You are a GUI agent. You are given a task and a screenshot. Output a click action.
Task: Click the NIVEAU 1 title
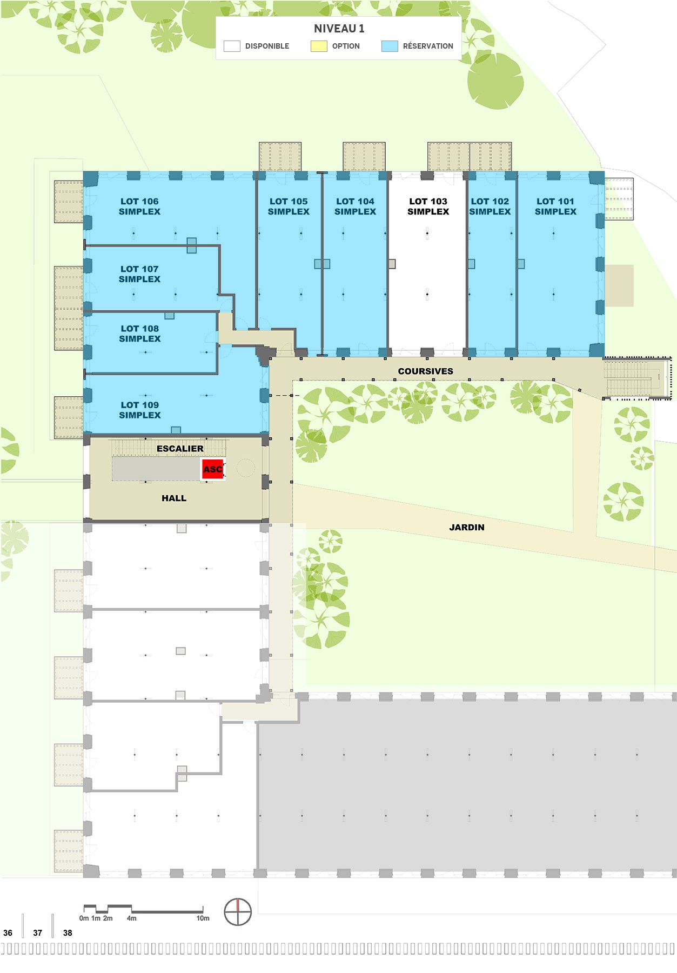pyautogui.click(x=339, y=29)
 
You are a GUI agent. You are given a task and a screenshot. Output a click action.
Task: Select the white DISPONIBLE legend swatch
pyautogui.click(x=232, y=46)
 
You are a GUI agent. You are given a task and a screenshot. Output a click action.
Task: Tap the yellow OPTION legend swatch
pyautogui.click(x=319, y=46)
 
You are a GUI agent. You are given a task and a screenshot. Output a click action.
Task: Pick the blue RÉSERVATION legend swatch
pyautogui.click(x=390, y=46)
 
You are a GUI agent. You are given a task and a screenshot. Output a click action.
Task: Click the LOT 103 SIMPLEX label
pyautogui.click(x=428, y=206)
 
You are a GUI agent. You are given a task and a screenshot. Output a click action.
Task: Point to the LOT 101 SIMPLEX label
pyautogui.click(x=555, y=206)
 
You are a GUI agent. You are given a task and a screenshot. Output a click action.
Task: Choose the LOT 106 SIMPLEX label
pyautogui.click(x=139, y=206)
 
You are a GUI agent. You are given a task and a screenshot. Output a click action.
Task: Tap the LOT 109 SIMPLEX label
pyautogui.click(x=140, y=410)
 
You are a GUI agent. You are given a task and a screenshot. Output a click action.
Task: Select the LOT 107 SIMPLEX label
pyautogui.click(x=139, y=274)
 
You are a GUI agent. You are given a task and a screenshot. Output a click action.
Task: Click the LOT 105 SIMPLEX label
pyautogui.click(x=289, y=206)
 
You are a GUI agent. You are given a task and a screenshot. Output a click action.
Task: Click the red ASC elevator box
pyautogui.click(x=213, y=469)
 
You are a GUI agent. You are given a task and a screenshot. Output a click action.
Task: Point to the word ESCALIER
pyautogui.click(x=180, y=449)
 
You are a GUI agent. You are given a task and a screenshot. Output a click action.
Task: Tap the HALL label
pyautogui.click(x=174, y=498)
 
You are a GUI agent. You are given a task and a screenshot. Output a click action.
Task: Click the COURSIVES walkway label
pyautogui.click(x=426, y=371)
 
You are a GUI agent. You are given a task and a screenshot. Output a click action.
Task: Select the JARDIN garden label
pyautogui.click(x=467, y=528)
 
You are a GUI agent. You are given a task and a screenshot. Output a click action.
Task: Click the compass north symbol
pyautogui.click(x=238, y=912)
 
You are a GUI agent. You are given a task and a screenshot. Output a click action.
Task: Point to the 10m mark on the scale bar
pyautogui.click(x=203, y=918)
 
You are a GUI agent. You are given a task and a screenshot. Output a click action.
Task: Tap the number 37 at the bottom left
pyautogui.click(x=37, y=932)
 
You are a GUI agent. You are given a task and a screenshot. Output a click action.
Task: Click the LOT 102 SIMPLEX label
pyautogui.click(x=490, y=206)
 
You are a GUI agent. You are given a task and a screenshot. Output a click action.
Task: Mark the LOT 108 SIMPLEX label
pyautogui.click(x=140, y=334)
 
